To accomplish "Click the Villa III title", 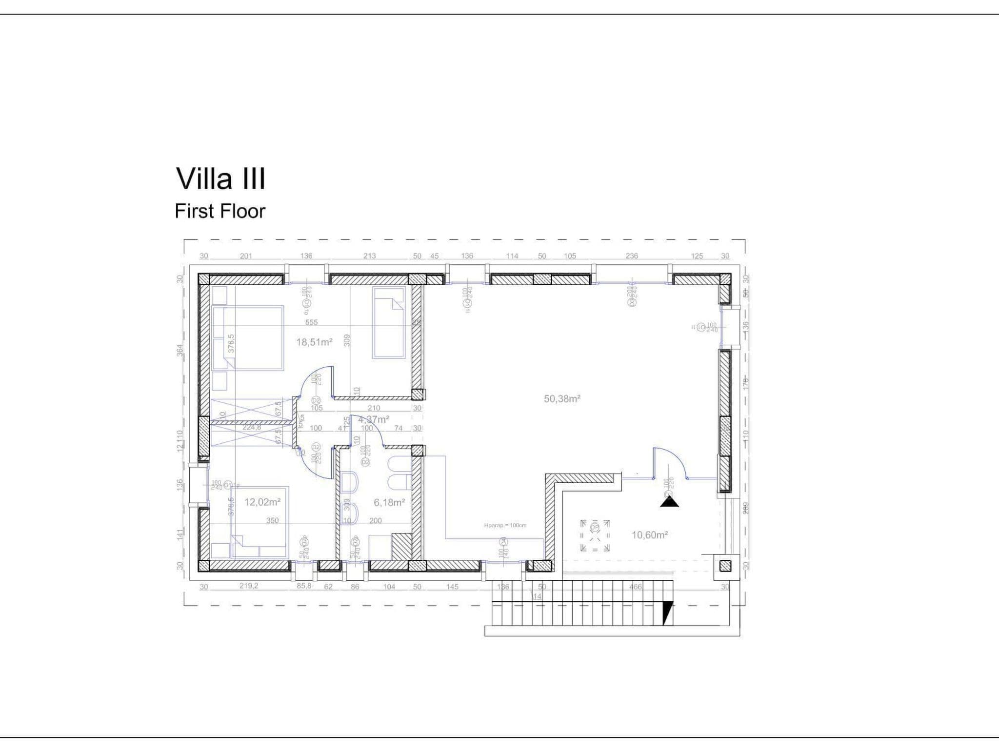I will click(x=220, y=179).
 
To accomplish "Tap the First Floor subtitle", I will click(x=220, y=211).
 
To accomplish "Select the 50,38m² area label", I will click(x=562, y=399).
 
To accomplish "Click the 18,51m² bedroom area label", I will click(x=314, y=342).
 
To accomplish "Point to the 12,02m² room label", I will click(x=262, y=502).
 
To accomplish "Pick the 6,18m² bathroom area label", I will click(x=389, y=502).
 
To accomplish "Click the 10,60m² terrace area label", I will click(x=650, y=535).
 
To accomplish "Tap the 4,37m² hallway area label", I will click(x=374, y=419).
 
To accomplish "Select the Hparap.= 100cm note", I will click(x=505, y=526).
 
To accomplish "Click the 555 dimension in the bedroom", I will click(x=311, y=322).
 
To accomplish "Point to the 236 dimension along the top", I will click(x=632, y=256).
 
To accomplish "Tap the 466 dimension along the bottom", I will click(x=635, y=587).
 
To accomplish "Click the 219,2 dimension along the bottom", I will click(x=248, y=586).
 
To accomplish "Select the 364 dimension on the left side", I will click(x=180, y=350).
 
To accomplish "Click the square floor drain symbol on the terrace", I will click(x=595, y=535).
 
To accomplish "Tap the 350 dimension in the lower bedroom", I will click(x=272, y=521).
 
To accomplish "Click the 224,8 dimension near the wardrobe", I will click(x=252, y=428).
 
